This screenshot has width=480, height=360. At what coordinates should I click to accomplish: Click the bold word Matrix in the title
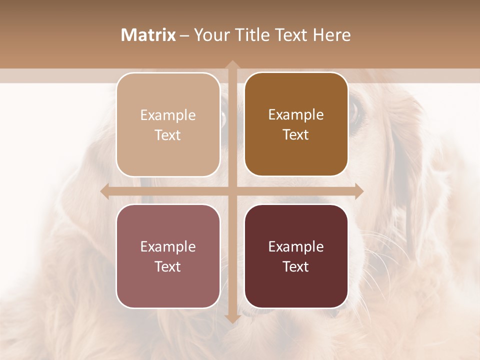(x=148, y=35)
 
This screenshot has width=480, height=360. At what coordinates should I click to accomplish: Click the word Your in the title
(x=209, y=35)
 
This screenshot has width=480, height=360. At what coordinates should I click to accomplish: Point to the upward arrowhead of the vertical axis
(x=232, y=65)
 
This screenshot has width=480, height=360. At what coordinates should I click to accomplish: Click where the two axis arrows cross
(x=232, y=191)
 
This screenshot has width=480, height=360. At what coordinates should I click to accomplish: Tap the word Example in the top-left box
(x=168, y=115)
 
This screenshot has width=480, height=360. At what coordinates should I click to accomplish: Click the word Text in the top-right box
(x=296, y=135)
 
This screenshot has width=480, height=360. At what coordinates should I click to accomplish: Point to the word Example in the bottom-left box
(x=168, y=246)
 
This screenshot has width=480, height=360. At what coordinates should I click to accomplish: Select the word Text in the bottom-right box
(x=296, y=267)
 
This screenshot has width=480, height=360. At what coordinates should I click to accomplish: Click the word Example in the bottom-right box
(x=296, y=246)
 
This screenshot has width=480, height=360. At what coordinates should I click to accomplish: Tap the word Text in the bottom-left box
(x=168, y=267)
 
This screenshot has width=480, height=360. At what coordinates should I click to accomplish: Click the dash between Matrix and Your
(x=184, y=35)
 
